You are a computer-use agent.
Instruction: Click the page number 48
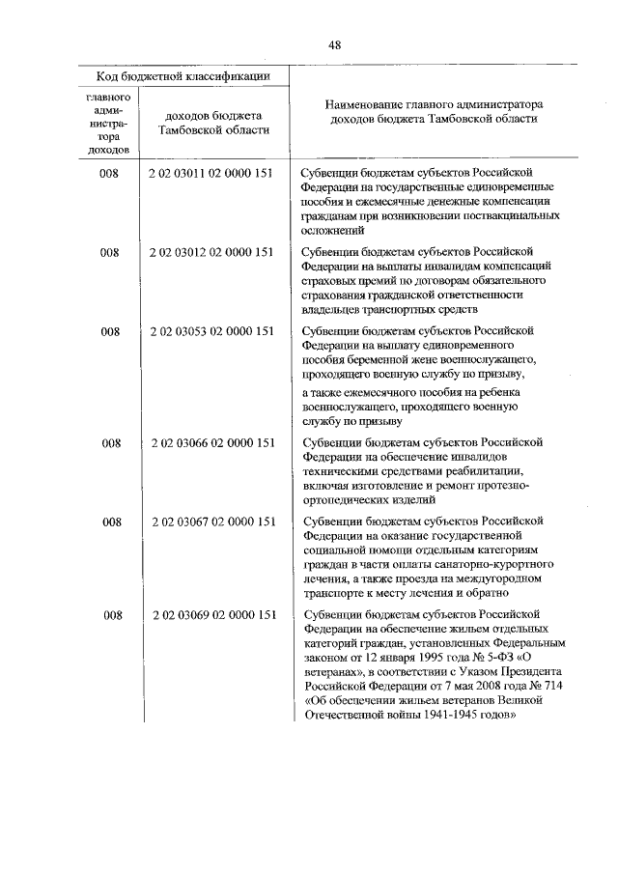(x=334, y=44)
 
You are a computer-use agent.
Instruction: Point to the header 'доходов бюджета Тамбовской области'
(x=213, y=123)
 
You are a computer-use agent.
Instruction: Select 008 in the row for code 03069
(x=110, y=614)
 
